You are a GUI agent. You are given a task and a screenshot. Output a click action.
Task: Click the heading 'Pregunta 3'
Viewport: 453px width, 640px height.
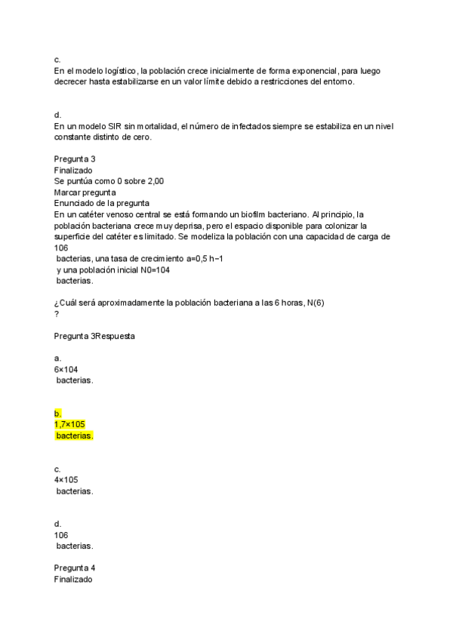point(75,159)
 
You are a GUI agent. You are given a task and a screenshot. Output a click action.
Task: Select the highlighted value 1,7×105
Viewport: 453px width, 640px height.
point(69,424)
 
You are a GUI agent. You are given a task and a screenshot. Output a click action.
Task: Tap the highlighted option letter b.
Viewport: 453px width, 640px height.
point(57,414)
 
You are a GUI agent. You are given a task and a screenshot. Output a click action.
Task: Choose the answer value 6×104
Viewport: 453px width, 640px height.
point(66,369)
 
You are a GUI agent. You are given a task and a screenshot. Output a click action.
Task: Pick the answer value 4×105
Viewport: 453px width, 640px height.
point(66,479)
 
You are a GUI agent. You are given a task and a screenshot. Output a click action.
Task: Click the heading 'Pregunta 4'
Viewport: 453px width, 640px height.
point(75,568)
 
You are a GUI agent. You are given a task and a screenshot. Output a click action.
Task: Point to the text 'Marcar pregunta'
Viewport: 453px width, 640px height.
point(85,192)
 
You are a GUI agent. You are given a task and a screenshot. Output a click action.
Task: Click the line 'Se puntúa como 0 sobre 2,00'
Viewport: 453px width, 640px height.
point(109,181)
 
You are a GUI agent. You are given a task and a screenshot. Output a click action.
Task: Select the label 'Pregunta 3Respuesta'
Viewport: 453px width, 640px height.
point(94,336)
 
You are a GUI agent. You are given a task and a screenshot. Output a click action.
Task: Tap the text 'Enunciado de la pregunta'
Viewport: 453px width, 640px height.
point(102,203)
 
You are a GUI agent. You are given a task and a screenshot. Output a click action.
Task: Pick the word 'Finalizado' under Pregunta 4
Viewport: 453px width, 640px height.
point(73,579)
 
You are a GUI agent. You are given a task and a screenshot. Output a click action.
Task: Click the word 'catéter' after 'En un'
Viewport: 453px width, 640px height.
point(93,214)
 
